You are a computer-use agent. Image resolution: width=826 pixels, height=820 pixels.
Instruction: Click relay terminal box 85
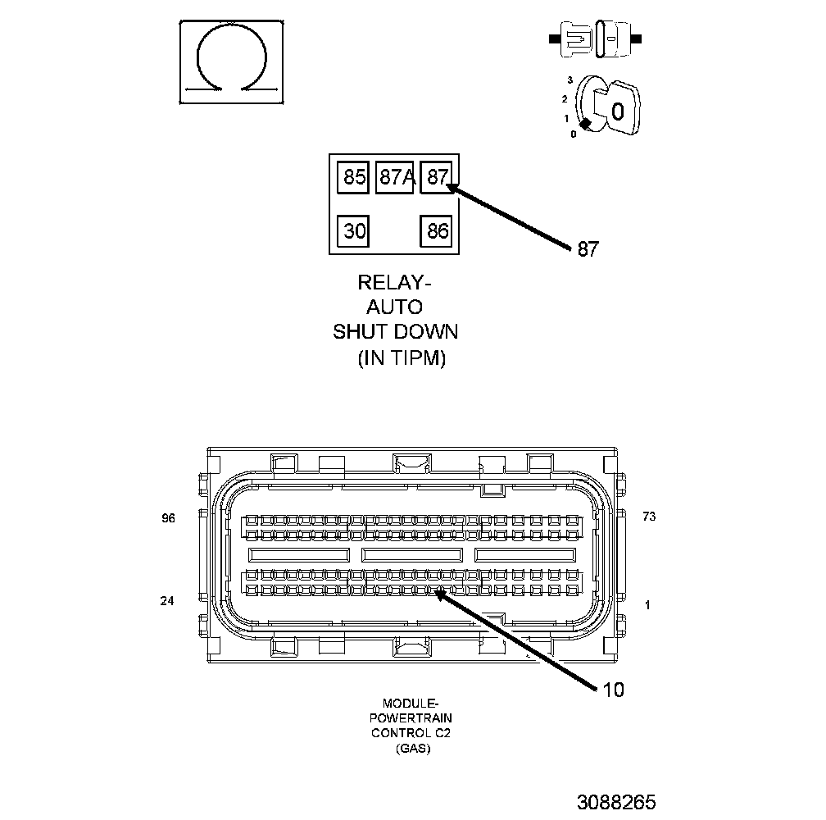click(x=354, y=177)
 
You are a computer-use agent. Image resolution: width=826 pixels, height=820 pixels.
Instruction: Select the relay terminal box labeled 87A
click(x=395, y=177)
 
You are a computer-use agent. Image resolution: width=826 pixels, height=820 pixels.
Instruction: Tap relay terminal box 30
click(x=354, y=230)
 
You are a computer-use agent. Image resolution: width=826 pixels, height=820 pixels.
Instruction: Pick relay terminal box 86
click(x=438, y=230)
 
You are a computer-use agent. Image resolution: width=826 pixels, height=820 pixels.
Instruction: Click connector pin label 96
click(x=168, y=517)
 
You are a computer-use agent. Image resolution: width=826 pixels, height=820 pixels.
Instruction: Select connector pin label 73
click(x=649, y=517)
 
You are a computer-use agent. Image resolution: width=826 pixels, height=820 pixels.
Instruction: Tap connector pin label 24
click(x=167, y=601)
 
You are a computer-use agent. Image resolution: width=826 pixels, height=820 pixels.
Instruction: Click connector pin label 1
click(x=647, y=605)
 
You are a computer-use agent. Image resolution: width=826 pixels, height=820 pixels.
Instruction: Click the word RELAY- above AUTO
click(x=394, y=283)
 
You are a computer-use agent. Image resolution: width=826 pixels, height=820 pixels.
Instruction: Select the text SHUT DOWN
click(x=395, y=333)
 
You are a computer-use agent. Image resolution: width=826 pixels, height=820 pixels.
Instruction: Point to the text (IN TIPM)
click(x=402, y=358)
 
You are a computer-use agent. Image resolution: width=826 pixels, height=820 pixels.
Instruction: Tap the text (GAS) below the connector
click(x=411, y=749)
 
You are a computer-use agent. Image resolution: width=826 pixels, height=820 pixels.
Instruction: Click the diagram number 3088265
click(x=615, y=801)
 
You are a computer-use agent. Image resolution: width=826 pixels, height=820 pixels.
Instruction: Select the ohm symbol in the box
click(x=232, y=61)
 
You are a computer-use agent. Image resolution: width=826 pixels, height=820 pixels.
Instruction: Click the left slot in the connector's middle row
click(x=300, y=555)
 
